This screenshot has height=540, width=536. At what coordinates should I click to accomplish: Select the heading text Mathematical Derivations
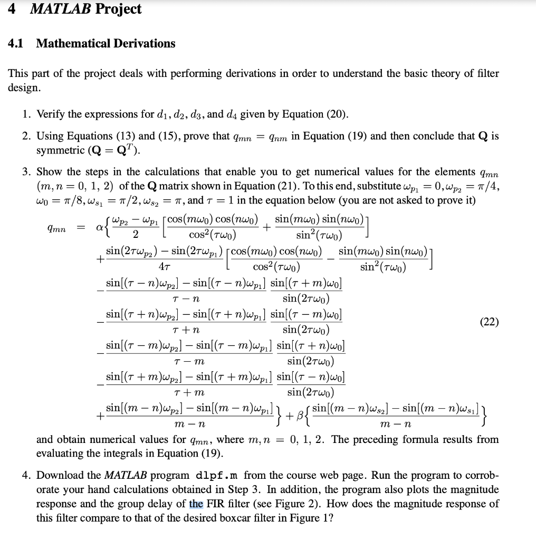coord(106,44)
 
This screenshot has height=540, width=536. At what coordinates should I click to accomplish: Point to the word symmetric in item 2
coord(58,150)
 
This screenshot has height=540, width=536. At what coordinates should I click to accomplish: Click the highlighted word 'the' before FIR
coord(196,504)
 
